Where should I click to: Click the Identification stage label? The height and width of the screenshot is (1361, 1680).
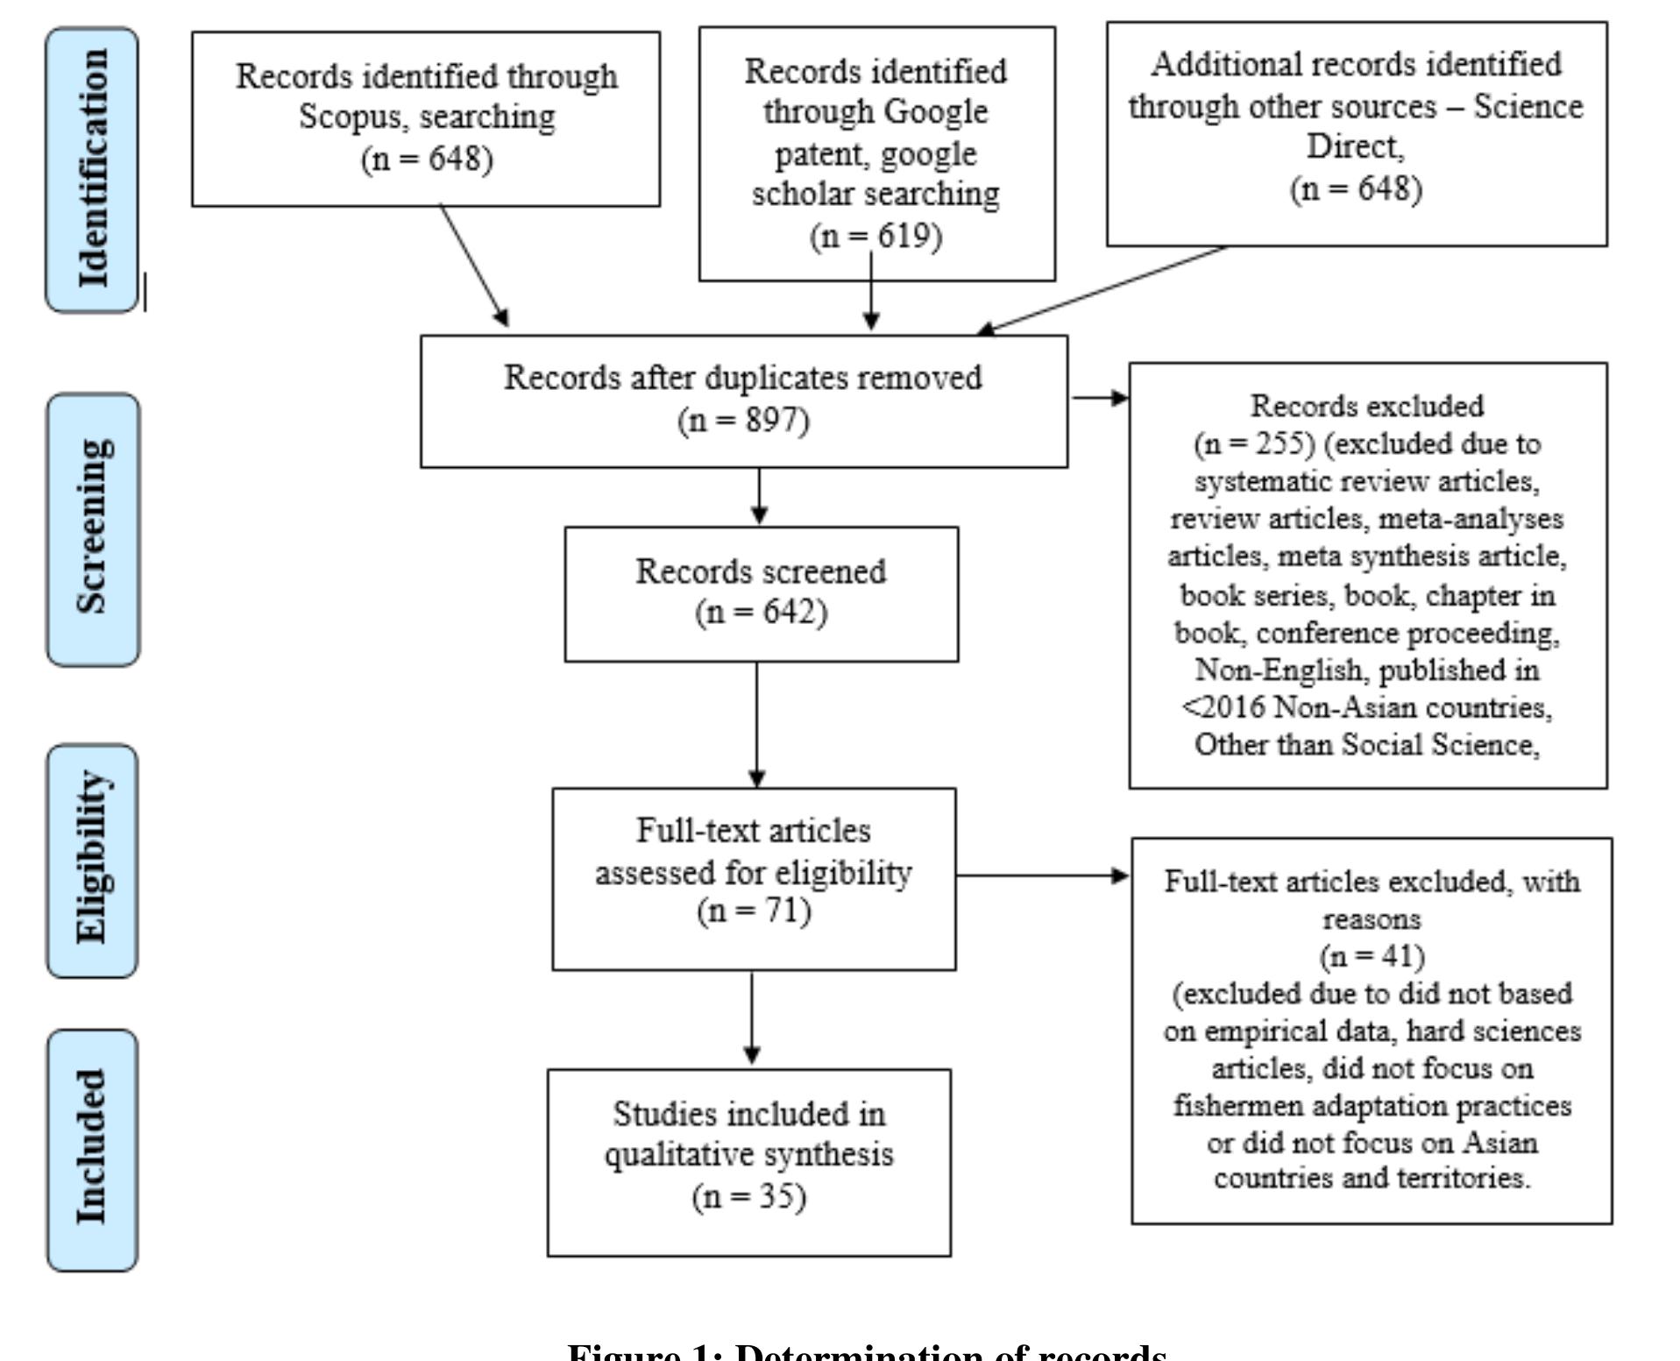tap(93, 169)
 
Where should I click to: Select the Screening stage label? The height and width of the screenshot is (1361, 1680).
tap(93, 528)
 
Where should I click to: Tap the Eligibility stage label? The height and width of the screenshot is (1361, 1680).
tap(93, 860)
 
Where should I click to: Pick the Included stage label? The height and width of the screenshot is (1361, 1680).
tap(93, 1149)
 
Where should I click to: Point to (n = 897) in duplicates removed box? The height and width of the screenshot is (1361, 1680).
tap(743, 421)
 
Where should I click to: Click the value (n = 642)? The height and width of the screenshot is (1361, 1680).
tap(761, 612)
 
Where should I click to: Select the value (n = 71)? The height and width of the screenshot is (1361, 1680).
tap(754, 911)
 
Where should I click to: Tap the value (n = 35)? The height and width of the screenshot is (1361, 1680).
tap(748, 1197)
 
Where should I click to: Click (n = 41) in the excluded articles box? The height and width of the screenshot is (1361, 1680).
tap(1372, 955)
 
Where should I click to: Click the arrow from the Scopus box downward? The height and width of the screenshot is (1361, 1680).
tap(473, 266)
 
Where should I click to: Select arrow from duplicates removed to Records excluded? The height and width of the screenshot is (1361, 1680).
tap(1099, 398)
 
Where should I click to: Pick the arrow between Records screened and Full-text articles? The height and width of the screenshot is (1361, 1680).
tap(757, 724)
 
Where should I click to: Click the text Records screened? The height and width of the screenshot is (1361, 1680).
tap(761, 571)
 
